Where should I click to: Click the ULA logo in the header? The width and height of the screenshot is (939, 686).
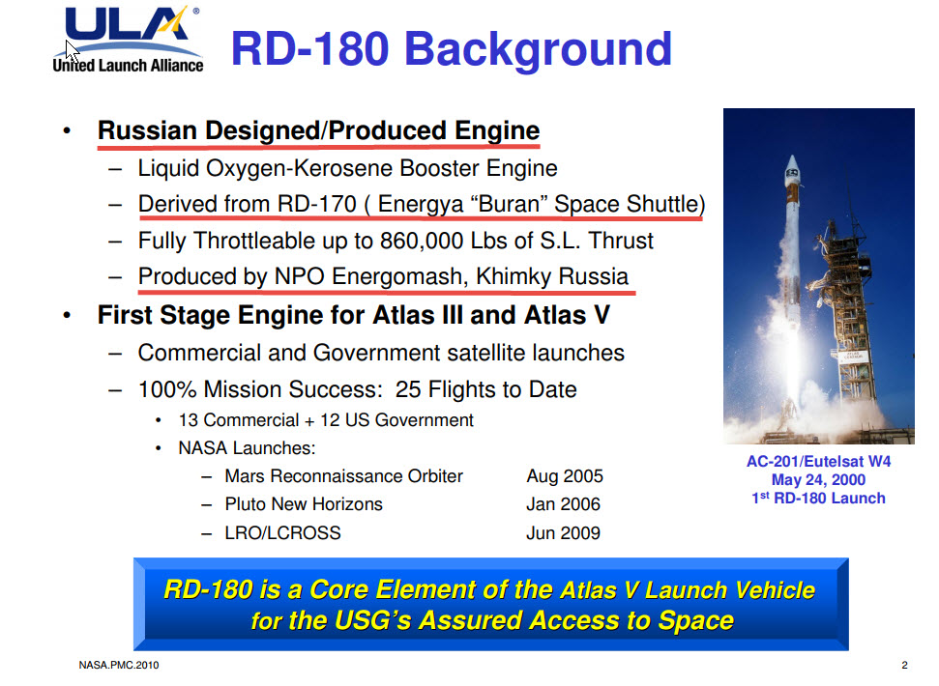(x=129, y=40)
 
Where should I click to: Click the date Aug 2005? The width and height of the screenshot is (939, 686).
(x=564, y=476)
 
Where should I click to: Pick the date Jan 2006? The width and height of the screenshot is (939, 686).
(x=563, y=504)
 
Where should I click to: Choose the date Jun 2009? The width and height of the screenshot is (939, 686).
(x=563, y=533)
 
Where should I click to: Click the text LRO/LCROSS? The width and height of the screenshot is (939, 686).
(x=282, y=533)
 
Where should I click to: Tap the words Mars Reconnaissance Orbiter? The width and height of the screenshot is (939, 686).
(x=343, y=476)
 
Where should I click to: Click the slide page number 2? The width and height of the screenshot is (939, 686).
(x=904, y=665)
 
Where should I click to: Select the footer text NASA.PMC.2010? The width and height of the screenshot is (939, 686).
(x=119, y=665)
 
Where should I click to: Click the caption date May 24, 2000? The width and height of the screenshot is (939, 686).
(x=818, y=479)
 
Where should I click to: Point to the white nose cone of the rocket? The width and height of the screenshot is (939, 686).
(x=792, y=170)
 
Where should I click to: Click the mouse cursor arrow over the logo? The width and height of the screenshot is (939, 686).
(x=72, y=51)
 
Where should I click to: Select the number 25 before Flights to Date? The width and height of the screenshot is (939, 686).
(x=408, y=389)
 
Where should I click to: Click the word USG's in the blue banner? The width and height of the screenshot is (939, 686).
(x=372, y=620)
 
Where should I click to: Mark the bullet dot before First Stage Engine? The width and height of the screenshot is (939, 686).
(x=67, y=315)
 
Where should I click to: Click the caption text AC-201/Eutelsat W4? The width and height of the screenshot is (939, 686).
(x=818, y=461)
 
